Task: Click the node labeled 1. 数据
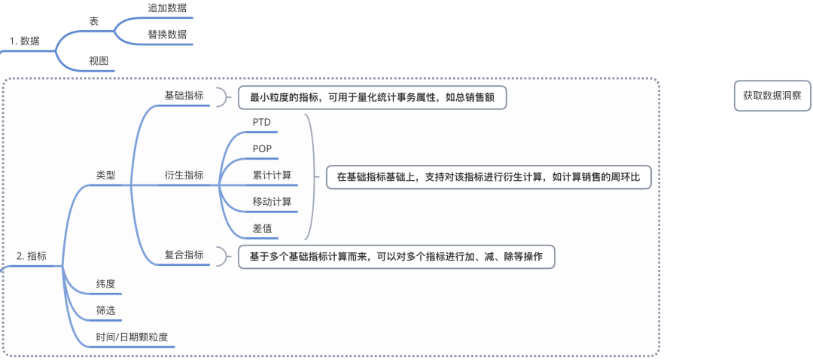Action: pos(25,41)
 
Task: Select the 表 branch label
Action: pos(94,22)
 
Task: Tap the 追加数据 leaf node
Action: pos(167,8)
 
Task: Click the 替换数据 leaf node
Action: pos(167,35)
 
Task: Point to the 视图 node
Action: pos(99,61)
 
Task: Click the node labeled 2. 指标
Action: pos(32,256)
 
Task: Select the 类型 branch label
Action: pos(106,175)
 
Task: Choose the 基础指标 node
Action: pos(184,96)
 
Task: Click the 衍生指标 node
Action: pos(184,175)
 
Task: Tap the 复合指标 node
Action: pos(184,255)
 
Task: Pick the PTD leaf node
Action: pos(262,121)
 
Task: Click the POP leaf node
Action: pos(262,148)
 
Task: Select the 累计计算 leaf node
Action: pos(272,175)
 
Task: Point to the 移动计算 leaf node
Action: pos(272,202)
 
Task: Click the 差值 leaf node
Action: pos(262,228)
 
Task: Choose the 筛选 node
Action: pos(106,310)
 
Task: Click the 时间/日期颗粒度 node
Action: pos(131,337)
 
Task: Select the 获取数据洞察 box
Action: pos(772,96)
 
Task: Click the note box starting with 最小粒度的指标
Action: pos(372,97)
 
